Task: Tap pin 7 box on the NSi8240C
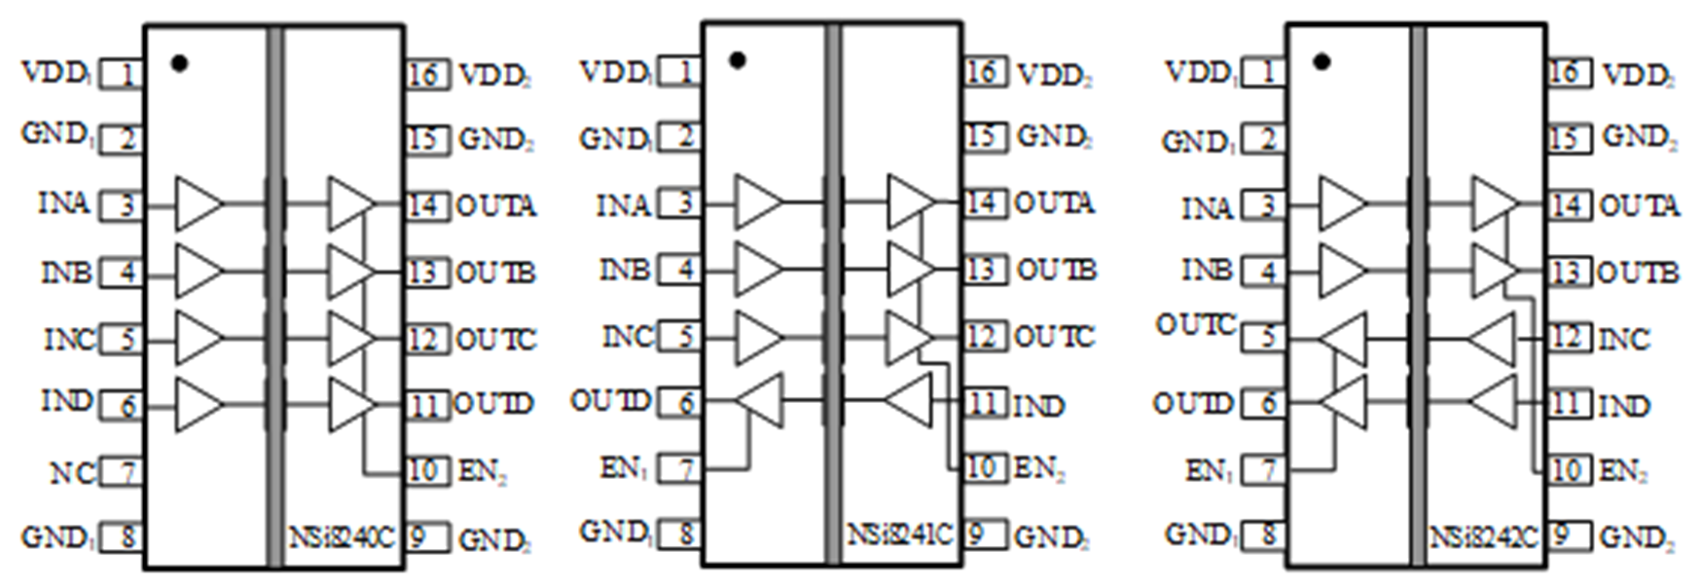(122, 473)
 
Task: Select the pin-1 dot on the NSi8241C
(738, 60)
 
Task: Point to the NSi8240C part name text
(343, 536)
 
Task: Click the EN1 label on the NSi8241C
(624, 468)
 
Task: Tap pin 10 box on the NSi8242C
(1567, 469)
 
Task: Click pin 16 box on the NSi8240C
(426, 74)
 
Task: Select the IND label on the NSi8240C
(66, 400)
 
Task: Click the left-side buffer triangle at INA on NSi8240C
(198, 203)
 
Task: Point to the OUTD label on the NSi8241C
(610, 400)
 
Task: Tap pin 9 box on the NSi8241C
(982, 533)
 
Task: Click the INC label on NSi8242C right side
(1624, 339)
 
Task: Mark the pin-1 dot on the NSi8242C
(1322, 62)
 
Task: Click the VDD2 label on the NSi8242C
(1638, 75)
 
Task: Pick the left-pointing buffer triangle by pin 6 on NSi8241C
(760, 400)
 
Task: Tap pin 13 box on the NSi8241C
(984, 269)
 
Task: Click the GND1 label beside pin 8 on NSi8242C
(1199, 534)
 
